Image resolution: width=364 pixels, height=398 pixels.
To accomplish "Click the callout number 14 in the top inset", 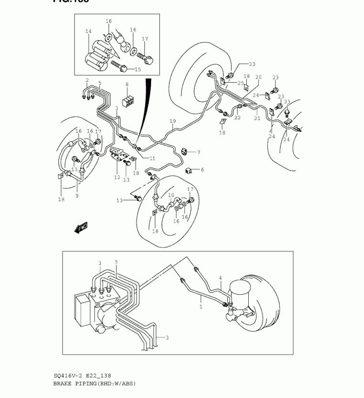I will click(x=88, y=32).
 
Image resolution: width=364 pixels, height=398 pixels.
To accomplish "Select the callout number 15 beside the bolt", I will click(x=138, y=70).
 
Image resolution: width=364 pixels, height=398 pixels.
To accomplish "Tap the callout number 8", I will click(x=127, y=85).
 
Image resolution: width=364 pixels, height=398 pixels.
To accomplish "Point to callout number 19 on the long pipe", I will click(x=173, y=121).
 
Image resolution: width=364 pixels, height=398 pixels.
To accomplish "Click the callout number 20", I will click(x=258, y=77).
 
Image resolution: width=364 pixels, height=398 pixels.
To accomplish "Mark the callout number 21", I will click(x=257, y=118).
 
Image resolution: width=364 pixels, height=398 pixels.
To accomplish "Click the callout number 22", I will click(x=237, y=118).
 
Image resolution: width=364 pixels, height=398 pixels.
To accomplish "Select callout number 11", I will click(x=153, y=158).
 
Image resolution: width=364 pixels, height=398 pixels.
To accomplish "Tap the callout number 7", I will click(x=198, y=152).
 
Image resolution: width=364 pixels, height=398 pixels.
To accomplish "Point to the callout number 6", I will click(x=202, y=170).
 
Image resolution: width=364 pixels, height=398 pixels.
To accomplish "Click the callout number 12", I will click(x=117, y=178).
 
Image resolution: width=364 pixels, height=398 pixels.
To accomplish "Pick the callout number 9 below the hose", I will click(x=77, y=195).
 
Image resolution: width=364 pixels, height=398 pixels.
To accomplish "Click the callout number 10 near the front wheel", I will click(x=171, y=195).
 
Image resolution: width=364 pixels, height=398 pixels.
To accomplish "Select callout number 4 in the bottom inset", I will click(x=220, y=278).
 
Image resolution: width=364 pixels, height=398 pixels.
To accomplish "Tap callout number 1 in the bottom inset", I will click(x=201, y=307).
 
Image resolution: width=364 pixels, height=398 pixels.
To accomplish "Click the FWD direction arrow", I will click(x=81, y=228).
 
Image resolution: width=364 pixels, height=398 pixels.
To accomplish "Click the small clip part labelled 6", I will click(x=188, y=170).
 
